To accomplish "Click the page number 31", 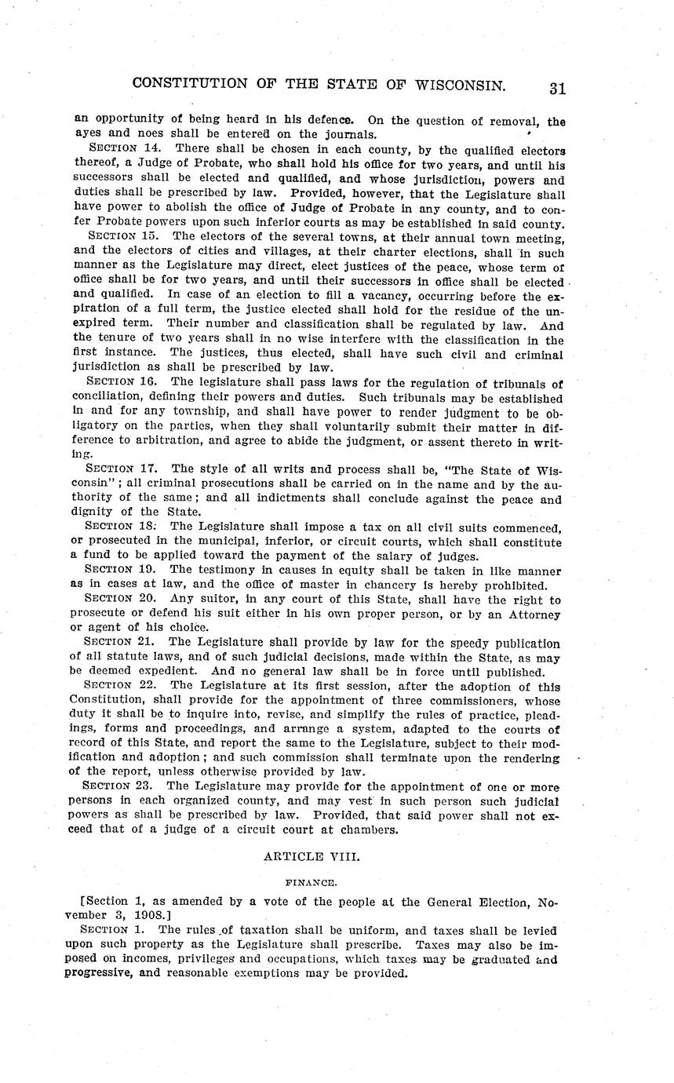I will pyautogui.click(x=557, y=88).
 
